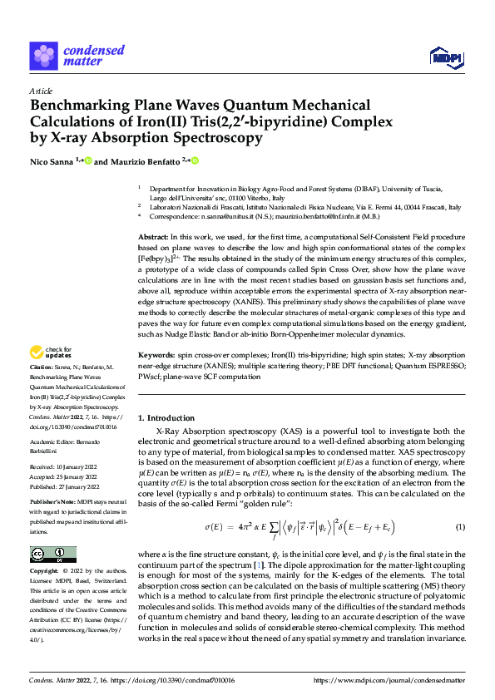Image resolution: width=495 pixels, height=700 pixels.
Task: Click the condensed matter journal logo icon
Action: coord(43,54)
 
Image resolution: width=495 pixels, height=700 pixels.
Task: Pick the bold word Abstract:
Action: coord(155,239)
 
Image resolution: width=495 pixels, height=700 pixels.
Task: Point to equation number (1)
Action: coord(459,528)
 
